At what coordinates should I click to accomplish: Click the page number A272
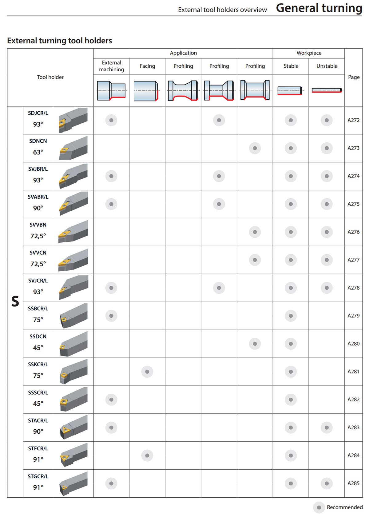[353, 120]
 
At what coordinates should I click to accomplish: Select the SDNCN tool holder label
[38, 141]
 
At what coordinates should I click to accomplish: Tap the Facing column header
[147, 66]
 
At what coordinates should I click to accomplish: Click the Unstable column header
[327, 66]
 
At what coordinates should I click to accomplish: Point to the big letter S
[15, 301]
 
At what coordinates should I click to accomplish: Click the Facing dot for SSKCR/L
[147, 372]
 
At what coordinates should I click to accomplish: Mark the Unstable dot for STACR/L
[327, 428]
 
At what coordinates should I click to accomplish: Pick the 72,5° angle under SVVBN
[38, 236]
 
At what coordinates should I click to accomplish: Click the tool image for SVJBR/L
[73, 176]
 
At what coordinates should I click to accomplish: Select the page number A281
[353, 372]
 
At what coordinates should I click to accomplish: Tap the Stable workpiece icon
[291, 91]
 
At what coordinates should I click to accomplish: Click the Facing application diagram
[146, 91]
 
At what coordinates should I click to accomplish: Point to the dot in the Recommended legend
[319, 507]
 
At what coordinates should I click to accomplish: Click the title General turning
[319, 8]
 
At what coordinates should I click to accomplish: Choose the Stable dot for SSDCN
[291, 344]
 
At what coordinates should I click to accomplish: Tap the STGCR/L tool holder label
[38, 476]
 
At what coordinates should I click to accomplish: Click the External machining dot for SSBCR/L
[111, 316]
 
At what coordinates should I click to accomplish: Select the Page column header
[354, 77]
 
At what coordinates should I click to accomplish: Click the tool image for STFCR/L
[73, 455]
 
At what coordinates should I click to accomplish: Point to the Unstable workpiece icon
[327, 90]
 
